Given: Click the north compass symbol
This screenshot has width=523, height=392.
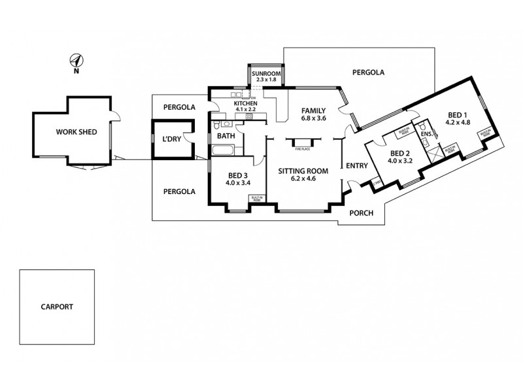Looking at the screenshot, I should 76,61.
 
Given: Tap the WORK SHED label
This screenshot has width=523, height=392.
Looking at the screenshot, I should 76,132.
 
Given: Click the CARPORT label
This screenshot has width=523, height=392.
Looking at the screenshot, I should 56,306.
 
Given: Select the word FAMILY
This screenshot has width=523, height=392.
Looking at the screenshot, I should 313,111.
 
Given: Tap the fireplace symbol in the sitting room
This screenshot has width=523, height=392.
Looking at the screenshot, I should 301,142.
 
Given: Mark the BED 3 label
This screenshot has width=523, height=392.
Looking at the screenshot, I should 237,176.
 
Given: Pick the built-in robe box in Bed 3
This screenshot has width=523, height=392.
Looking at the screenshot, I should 256,199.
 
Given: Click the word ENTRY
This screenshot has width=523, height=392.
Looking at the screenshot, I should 357,166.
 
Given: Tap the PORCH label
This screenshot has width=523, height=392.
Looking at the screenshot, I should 360,213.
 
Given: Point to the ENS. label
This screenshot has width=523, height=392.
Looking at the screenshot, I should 426,134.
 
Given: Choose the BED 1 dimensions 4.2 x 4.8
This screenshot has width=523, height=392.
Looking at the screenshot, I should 458,122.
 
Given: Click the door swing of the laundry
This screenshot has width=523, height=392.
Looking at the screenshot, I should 189,138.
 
